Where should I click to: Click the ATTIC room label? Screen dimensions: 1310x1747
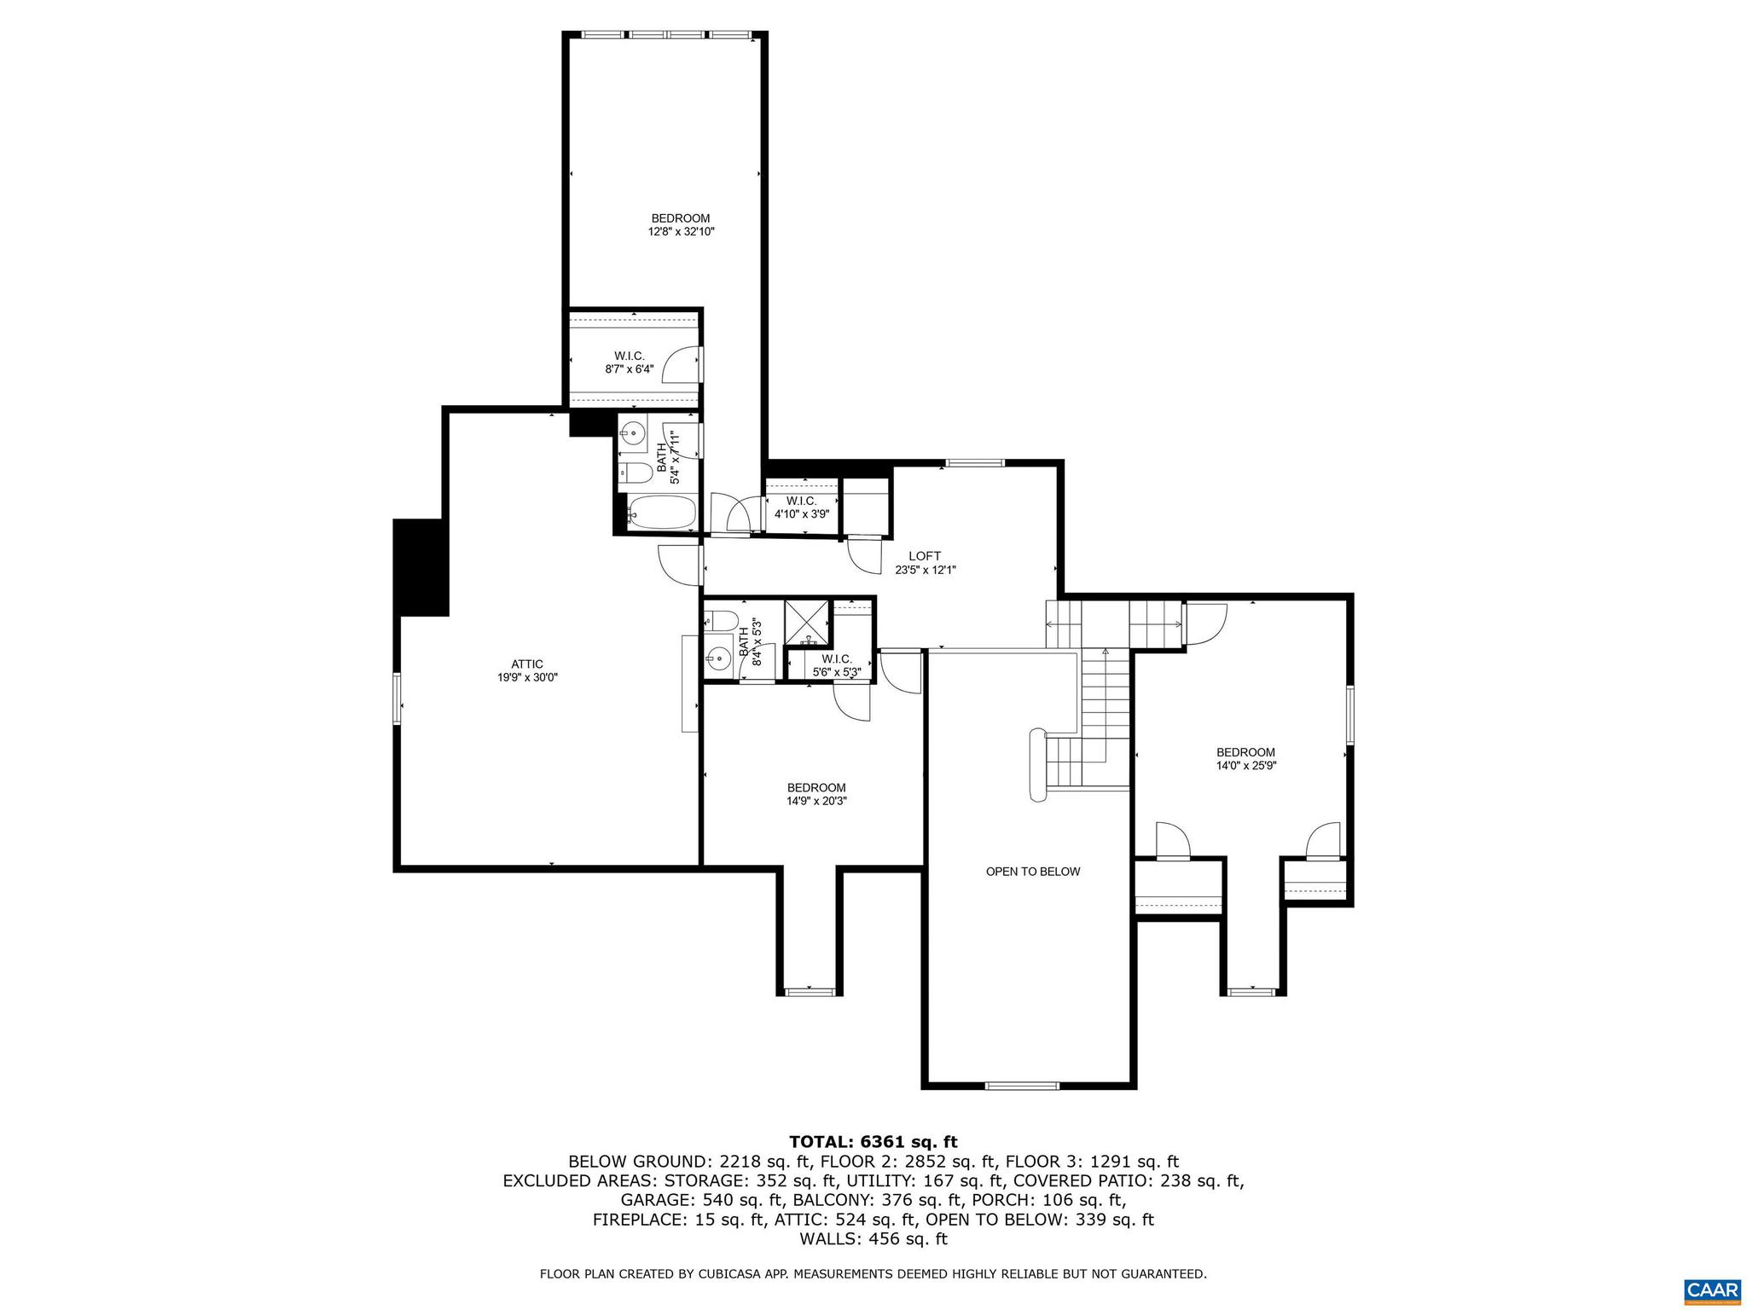(526, 664)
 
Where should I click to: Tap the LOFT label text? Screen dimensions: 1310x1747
(924, 556)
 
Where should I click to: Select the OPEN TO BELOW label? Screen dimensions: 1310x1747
(1032, 872)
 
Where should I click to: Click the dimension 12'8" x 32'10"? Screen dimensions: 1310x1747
(680, 231)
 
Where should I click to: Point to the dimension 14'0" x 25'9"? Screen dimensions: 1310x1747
(1245, 766)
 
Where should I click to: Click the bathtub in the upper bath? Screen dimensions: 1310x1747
(662, 512)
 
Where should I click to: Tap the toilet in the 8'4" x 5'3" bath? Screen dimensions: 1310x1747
(722, 621)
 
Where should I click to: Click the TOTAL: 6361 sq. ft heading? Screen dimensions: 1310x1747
(873, 1142)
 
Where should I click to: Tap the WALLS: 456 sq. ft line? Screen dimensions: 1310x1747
(873, 1239)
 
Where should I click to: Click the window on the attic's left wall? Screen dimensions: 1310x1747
(398, 698)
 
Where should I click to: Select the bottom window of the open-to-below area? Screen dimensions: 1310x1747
(1021, 1086)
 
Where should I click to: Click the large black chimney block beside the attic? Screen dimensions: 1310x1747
(420, 567)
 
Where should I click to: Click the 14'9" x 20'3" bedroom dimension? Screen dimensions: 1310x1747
(816, 801)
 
